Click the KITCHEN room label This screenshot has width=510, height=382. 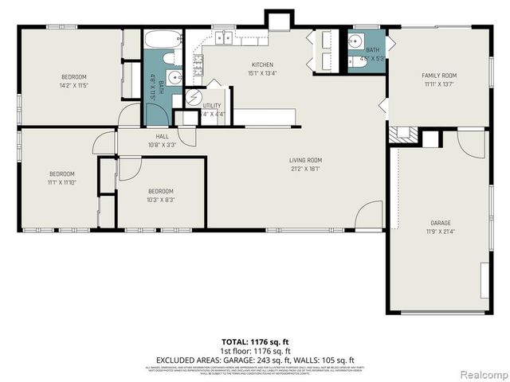click(x=262, y=64)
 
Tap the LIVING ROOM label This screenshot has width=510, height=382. click(x=305, y=160)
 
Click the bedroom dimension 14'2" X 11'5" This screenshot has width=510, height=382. click(x=73, y=84)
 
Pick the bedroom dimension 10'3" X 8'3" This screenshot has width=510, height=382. click(x=160, y=199)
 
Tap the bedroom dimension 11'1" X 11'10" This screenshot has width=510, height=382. click(x=61, y=182)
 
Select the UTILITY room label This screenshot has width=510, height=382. click(x=212, y=105)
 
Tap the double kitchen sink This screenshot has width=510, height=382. click(x=224, y=37)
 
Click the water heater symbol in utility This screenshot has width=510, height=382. click(x=194, y=97)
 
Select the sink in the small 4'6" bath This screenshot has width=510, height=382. click(x=355, y=41)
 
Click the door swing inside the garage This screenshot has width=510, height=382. click(x=472, y=143)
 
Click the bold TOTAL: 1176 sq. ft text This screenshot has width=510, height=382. click(x=254, y=342)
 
